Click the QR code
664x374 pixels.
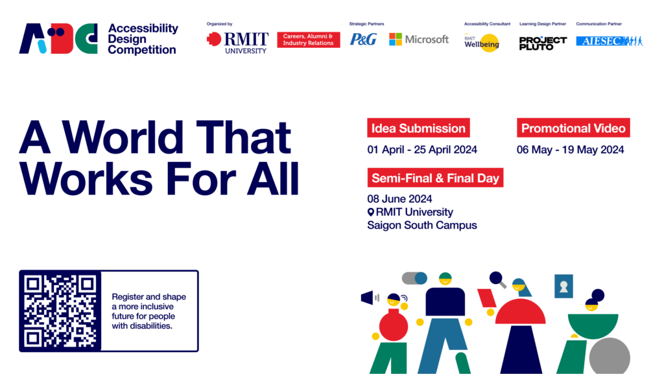[60, 310]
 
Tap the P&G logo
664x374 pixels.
[363, 40]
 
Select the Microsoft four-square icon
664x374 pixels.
[396, 40]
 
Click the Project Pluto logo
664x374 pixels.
[543, 43]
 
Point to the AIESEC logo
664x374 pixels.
[610, 41]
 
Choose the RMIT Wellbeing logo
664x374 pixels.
[482, 43]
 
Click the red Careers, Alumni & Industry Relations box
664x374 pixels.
[308, 40]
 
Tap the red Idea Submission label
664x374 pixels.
[418, 128]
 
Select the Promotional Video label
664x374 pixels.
[573, 128]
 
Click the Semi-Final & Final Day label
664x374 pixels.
[435, 178]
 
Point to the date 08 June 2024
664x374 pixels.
[399, 199]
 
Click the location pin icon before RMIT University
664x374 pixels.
[371, 212]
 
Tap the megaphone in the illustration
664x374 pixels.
[367, 298]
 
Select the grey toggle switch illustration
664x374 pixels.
[414, 278]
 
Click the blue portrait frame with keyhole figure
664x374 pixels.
[563, 286]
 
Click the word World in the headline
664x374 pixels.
[123, 137]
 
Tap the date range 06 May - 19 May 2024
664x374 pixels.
[571, 150]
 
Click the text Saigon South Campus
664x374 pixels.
[422, 225]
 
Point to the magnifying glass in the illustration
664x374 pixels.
[497, 279]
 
